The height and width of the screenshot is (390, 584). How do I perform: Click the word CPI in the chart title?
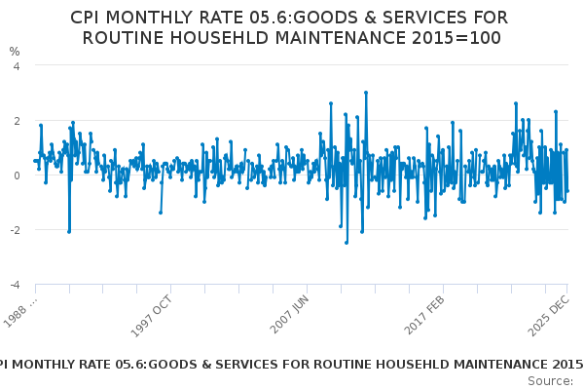(x=90, y=19)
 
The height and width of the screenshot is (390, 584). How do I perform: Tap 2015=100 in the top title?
(x=458, y=38)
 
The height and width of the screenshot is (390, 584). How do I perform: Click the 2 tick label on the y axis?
(x=16, y=120)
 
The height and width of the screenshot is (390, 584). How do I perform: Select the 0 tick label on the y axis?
(x=16, y=175)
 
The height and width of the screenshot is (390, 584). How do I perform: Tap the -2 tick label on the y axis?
(x=14, y=230)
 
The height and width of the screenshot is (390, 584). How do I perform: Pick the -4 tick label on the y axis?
(x=14, y=285)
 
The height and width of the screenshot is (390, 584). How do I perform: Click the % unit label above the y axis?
(x=14, y=52)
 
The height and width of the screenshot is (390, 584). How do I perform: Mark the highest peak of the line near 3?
(x=366, y=93)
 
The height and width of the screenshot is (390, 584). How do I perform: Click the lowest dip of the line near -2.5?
(x=346, y=243)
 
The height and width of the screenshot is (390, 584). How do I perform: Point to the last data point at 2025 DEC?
(x=567, y=191)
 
